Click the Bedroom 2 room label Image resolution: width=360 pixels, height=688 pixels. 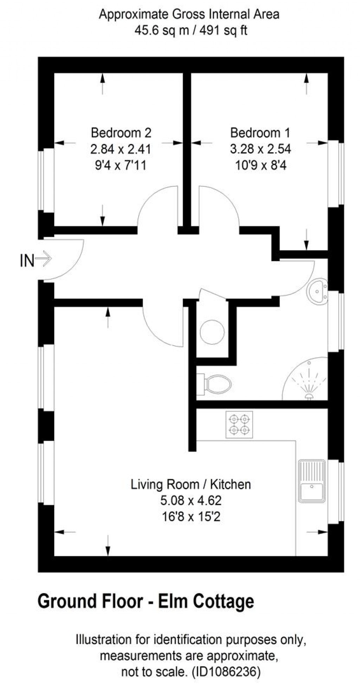(121, 133)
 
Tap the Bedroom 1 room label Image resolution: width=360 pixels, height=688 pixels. (260, 133)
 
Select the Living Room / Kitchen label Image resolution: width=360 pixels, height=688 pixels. (191, 484)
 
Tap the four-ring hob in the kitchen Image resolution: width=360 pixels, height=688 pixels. (239, 425)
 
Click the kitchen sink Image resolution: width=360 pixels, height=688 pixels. (312, 481)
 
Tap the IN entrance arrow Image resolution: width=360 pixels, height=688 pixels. (43, 259)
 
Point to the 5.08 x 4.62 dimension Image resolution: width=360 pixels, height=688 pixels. (191, 501)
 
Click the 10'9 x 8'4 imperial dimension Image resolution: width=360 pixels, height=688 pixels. (261, 165)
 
